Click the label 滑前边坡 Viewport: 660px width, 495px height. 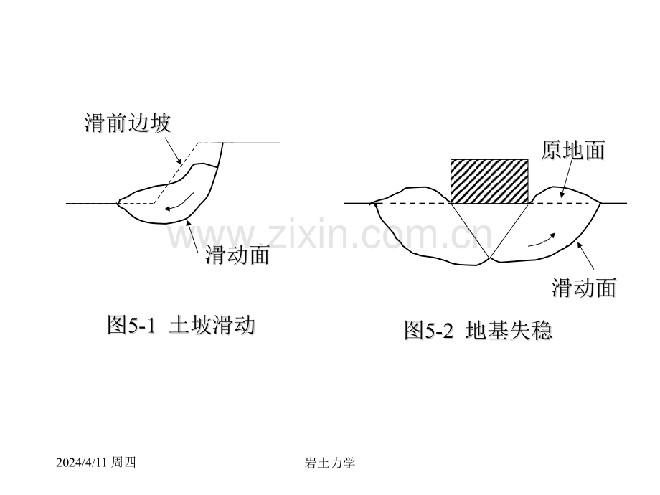tap(128, 123)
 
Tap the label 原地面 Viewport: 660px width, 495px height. tap(573, 150)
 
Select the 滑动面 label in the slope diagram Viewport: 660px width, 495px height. tap(237, 255)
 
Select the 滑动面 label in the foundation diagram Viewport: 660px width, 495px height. tap(584, 288)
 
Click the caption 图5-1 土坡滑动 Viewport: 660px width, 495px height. tap(181, 325)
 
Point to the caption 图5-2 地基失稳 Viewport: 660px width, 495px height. tap(478, 330)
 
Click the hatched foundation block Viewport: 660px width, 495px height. tap(489, 181)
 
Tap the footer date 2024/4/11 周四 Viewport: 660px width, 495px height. tap(96, 463)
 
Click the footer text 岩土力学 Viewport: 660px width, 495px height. tap(330, 463)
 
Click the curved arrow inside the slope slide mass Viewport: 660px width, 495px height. tap(180, 203)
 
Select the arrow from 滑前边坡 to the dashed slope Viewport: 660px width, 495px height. tap(173, 150)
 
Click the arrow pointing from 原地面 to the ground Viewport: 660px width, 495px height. tap(566, 179)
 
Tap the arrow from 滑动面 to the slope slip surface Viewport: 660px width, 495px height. tap(192, 236)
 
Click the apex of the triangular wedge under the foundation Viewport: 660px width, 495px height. tap(490, 258)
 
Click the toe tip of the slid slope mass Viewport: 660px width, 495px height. tap(118, 203)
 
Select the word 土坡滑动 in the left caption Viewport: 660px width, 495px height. tap(212, 325)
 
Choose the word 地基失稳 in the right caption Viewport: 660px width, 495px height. tap(509, 330)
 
